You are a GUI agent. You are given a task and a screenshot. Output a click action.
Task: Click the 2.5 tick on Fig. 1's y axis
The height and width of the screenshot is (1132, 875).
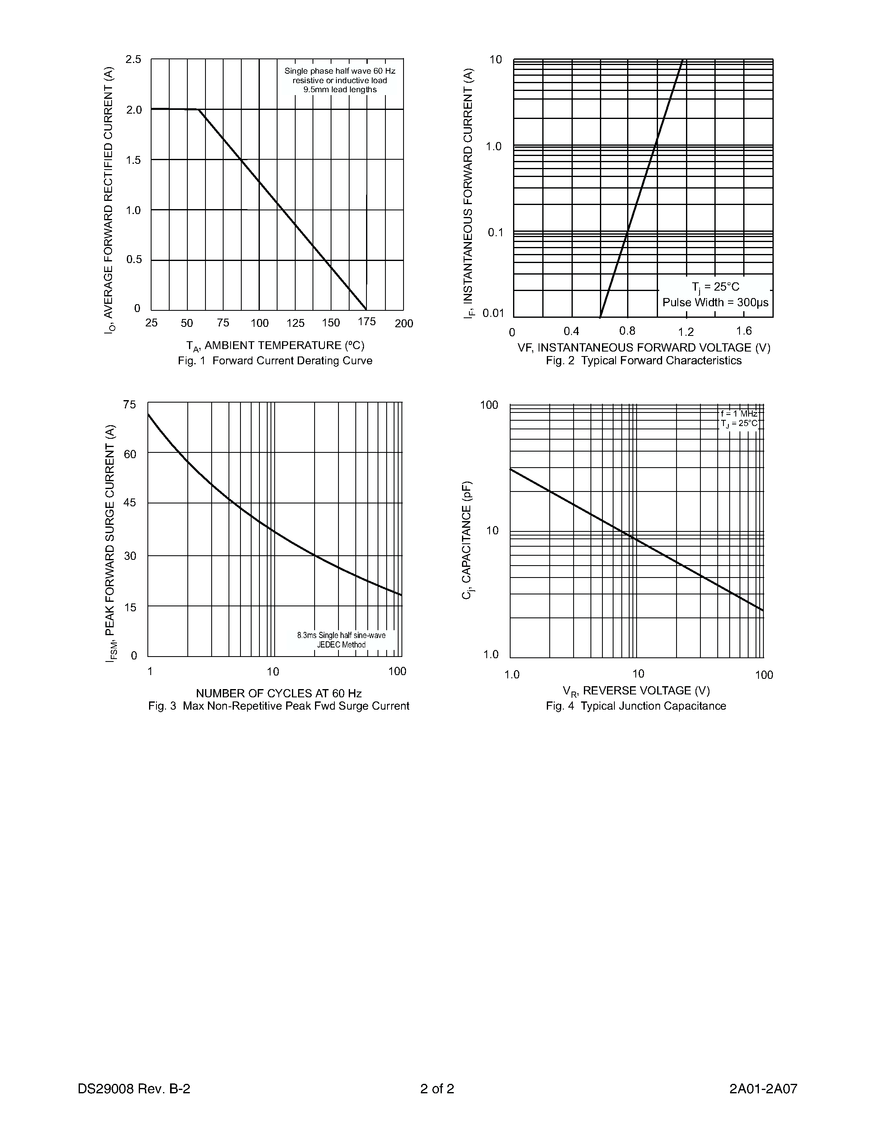pos(133,60)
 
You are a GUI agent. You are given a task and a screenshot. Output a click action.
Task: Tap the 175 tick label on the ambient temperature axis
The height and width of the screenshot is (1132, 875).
pos(366,322)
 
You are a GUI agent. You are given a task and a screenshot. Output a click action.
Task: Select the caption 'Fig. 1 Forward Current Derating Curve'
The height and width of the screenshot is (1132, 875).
pos(275,361)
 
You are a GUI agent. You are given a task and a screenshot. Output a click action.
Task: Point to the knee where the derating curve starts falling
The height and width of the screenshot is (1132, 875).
pos(198,109)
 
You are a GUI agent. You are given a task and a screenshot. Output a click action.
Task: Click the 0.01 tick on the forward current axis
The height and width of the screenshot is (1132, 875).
pos(493,313)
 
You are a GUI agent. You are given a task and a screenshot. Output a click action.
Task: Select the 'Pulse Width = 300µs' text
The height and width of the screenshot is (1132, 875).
pos(715,303)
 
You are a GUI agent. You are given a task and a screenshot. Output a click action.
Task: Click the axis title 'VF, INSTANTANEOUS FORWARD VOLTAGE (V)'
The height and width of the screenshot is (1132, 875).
pos(644,348)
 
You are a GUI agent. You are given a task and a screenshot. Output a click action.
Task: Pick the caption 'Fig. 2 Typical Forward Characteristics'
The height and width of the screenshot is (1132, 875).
pos(643,361)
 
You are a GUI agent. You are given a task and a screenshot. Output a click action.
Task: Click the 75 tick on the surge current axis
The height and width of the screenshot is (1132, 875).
pos(130,405)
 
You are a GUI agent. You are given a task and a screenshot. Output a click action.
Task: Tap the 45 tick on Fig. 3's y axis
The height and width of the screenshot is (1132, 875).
pos(130,503)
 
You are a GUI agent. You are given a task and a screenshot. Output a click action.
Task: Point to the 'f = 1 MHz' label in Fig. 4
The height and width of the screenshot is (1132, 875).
pos(739,414)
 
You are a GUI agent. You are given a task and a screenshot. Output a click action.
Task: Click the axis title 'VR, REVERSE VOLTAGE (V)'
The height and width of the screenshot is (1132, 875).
pos(636,691)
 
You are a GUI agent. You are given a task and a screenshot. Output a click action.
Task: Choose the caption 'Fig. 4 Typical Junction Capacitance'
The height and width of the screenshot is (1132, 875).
pos(635,706)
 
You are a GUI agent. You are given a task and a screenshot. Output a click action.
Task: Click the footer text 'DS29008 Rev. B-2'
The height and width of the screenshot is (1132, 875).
pos(134,1088)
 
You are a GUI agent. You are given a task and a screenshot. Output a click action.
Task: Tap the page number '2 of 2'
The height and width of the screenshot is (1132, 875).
pos(437,1088)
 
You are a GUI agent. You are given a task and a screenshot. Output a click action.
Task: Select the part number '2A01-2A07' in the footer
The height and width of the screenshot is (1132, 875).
pos(763,1088)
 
